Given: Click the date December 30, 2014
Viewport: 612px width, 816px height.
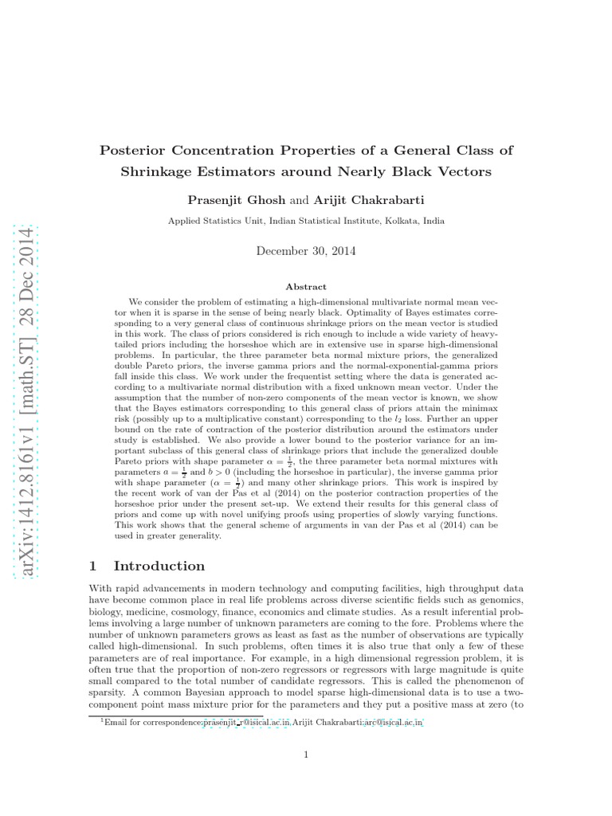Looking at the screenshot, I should (306, 250).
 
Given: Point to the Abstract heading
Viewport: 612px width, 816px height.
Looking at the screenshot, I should (306, 287).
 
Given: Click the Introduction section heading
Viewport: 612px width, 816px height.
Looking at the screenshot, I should (159, 566).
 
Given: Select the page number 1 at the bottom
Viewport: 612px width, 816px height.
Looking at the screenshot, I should (305, 756).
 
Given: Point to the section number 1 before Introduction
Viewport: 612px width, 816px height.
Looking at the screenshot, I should (92, 566).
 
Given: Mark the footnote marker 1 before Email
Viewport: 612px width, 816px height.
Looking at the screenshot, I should (102, 720).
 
